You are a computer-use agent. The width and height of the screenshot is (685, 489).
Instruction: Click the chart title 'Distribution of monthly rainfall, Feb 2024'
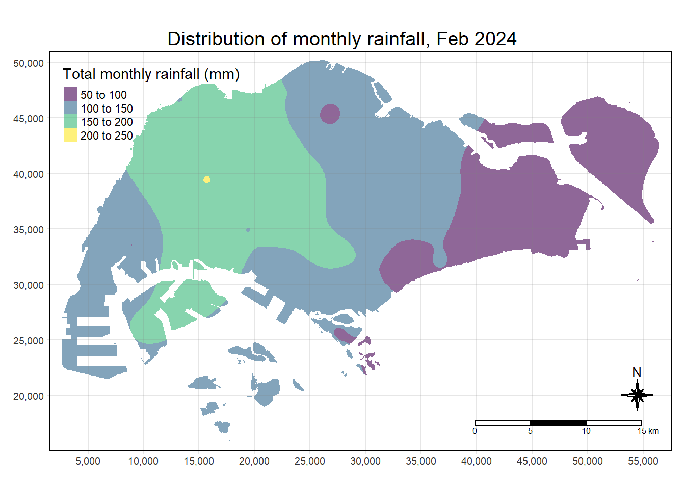(x=342, y=39)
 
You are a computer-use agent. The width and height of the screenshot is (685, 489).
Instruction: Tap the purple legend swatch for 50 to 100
(x=70, y=94)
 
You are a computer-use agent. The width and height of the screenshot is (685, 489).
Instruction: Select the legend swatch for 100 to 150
(x=70, y=108)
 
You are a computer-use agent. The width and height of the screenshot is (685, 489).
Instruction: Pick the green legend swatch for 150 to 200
(x=70, y=122)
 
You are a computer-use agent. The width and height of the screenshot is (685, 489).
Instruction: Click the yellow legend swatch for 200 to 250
(x=70, y=135)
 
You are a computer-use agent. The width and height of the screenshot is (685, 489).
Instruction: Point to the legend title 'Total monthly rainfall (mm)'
(x=151, y=74)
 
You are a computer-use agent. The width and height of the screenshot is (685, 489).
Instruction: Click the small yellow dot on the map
(x=207, y=179)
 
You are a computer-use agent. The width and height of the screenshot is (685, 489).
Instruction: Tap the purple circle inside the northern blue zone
(x=330, y=114)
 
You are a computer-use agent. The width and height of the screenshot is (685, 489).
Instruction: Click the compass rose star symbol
(x=637, y=395)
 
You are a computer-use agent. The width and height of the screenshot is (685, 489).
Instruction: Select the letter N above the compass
(x=637, y=373)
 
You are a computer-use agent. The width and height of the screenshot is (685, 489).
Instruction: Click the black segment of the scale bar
(x=558, y=423)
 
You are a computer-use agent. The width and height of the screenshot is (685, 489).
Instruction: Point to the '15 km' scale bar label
(x=648, y=431)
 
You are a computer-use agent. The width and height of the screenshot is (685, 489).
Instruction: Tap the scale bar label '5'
(x=530, y=431)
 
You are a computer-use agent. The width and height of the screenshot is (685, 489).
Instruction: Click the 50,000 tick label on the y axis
(x=29, y=63)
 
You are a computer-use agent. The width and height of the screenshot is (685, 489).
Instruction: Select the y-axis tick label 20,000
(x=29, y=396)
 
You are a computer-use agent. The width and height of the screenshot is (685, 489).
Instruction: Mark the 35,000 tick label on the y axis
(x=29, y=230)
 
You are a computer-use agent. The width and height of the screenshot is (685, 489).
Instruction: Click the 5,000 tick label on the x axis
(x=88, y=461)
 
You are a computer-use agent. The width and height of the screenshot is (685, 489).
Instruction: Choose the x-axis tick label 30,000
(x=365, y=461)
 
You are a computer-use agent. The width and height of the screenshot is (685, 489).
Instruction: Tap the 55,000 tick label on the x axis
(x=643, y=461)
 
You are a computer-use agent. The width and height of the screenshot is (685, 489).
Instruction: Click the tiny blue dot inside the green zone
(x=248, y=230)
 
